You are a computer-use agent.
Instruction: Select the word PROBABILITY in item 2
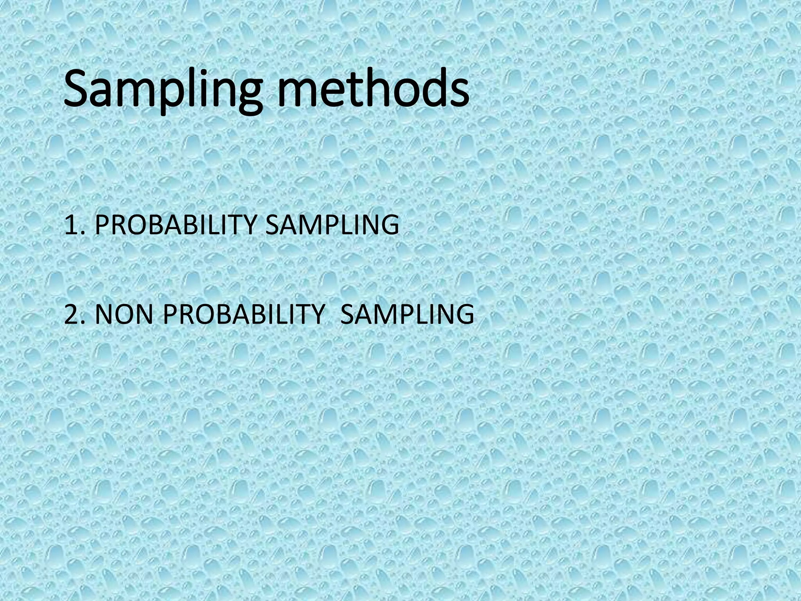click(x=243, y=314)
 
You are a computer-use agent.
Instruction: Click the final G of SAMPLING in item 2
click(x=463, y=314)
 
